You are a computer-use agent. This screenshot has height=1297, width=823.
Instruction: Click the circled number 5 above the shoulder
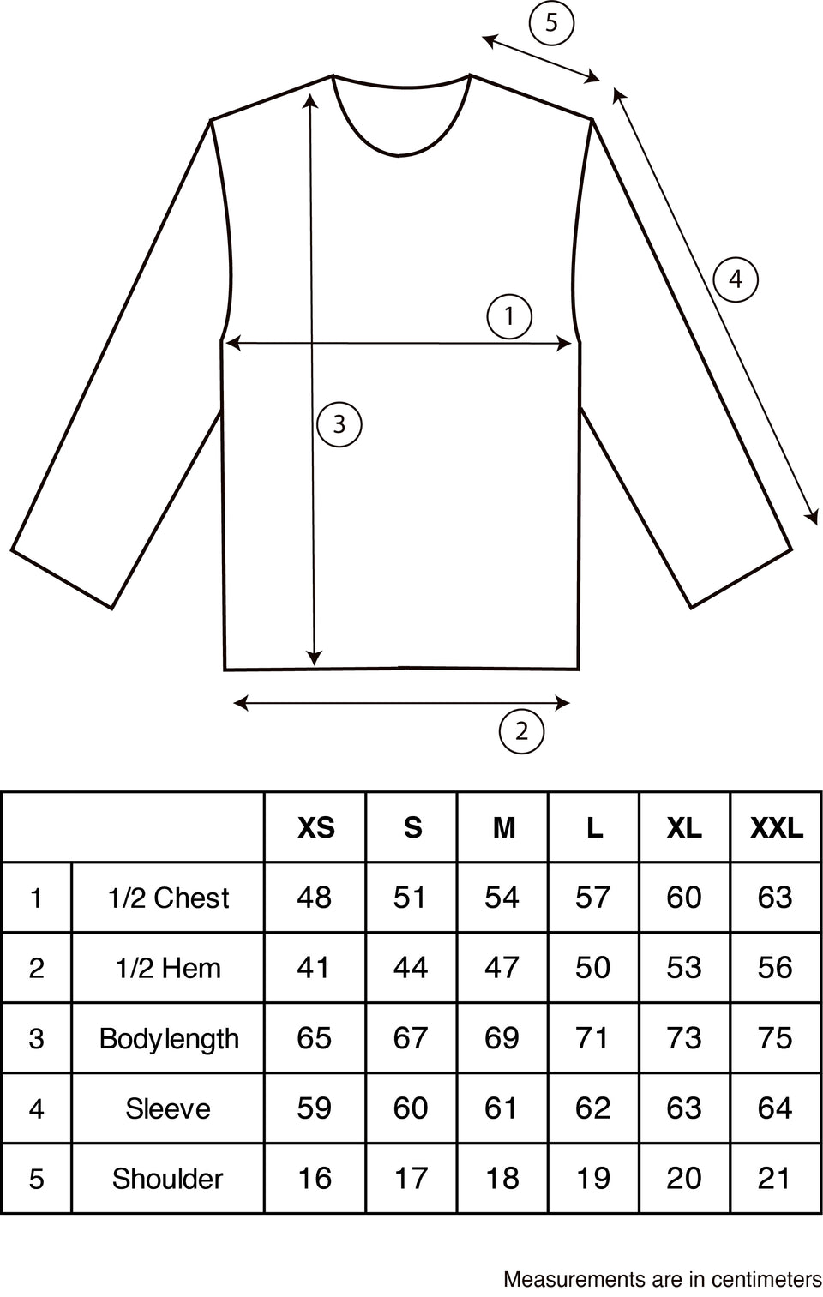point(551,24)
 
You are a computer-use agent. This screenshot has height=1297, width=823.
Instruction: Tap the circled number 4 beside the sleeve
point(735,279)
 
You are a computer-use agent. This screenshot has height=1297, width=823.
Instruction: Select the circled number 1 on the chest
point(509,316)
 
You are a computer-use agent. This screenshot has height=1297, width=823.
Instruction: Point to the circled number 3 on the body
point(339,424)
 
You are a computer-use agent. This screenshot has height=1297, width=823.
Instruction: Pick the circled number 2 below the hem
point(521,731)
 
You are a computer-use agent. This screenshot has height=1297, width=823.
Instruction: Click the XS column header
point(315,828)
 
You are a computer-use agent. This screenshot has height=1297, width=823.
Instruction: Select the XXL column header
point(776,828)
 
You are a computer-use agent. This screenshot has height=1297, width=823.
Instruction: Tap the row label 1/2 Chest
point(169,898)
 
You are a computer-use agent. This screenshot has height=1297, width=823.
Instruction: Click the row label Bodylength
point(169,1039)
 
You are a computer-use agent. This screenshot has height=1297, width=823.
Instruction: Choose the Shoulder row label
point(167,1179)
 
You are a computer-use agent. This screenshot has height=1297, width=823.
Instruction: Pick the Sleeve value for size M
point(501,1108)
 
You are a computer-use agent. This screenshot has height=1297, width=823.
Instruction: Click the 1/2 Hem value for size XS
point(314,968)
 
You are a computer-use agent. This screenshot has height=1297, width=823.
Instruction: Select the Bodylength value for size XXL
point(775,1037)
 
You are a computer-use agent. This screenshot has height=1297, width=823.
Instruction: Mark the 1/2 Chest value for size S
point(410,898)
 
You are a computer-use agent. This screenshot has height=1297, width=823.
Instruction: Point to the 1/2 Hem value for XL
point(684,968)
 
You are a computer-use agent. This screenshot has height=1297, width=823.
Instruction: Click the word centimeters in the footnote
point(766,1279)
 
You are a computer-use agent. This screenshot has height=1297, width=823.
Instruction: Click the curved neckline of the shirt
point(400,154)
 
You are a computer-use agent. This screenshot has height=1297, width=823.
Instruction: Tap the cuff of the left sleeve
point(62,579)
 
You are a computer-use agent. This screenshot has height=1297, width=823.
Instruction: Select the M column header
point(504,828)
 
